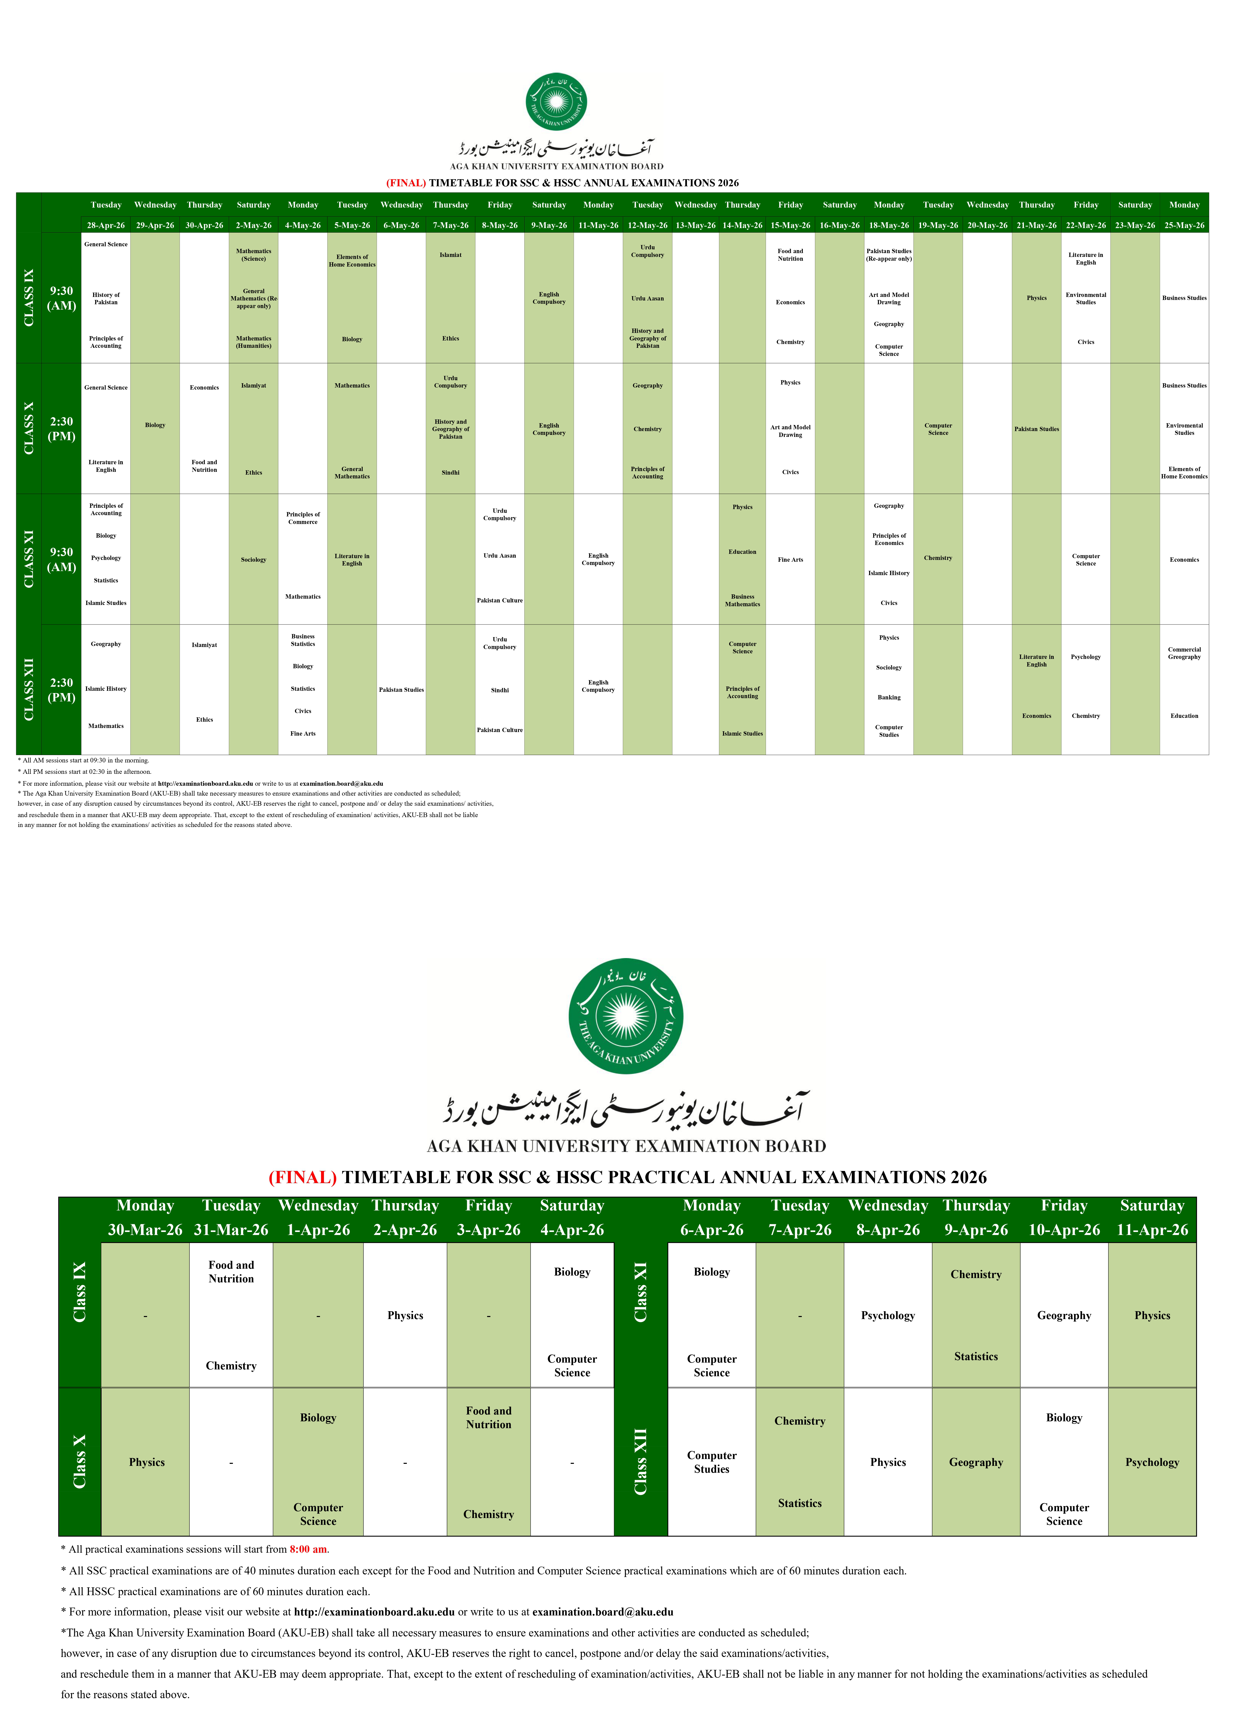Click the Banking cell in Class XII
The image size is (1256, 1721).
coord(889,697)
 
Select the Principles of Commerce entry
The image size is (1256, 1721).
coord(303,518)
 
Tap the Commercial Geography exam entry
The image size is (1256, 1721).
coord(1184,653)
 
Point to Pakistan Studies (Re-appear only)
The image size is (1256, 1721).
coord(889,255)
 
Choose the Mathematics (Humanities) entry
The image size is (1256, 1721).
coord(253,342)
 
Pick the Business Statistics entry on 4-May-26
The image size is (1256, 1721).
coord(303,640)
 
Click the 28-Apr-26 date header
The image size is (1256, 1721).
coord(106,225)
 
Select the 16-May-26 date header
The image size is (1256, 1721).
coord(839,225)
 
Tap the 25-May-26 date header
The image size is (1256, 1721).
coord(1184,225)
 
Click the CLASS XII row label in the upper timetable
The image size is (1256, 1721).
coord(29,690)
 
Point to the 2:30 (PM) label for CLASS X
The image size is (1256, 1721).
coord(62,429)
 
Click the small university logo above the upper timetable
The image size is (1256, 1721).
coord(556,102)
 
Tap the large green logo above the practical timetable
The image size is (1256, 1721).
coord(626,1016)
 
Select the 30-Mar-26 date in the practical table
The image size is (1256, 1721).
coord(145,1230)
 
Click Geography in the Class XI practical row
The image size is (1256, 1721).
coord(1064,1315)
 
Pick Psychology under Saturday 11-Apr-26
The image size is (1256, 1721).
coord(1152,1462)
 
